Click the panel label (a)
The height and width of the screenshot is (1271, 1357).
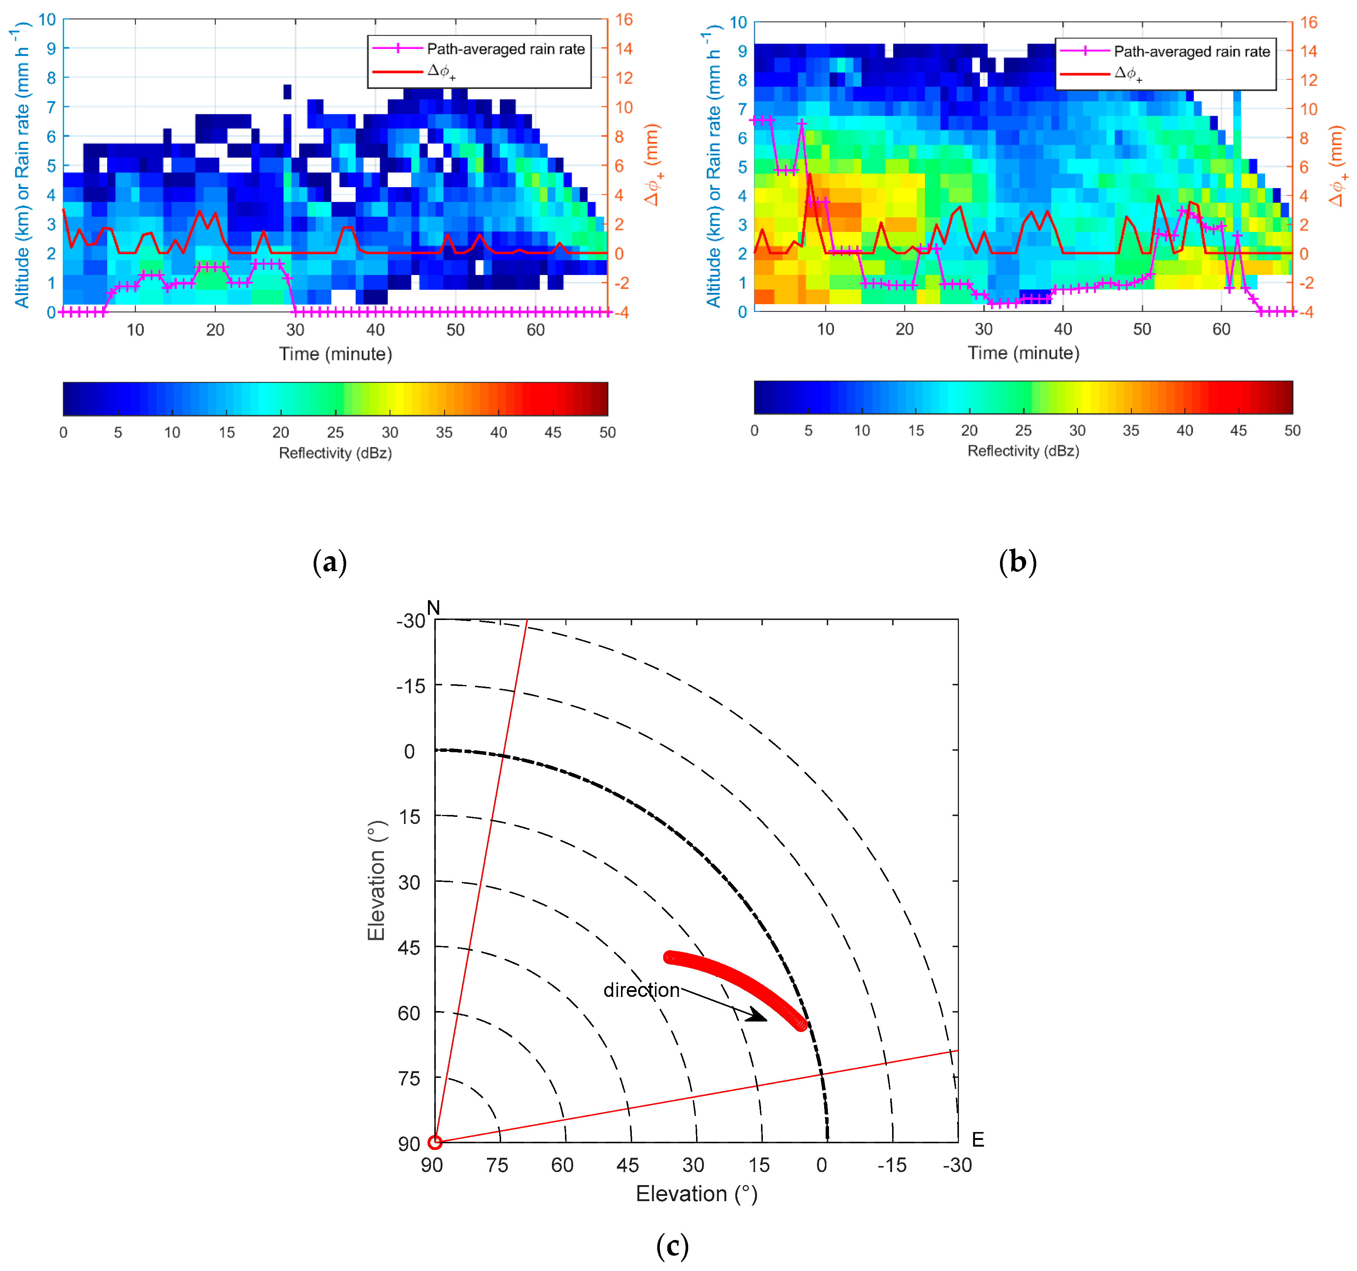point(330,562)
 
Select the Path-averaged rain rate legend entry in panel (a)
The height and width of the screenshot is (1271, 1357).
point(505,49)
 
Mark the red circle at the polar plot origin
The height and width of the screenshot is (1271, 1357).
point(435,1142)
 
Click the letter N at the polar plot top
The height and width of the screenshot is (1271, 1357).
point(434,607)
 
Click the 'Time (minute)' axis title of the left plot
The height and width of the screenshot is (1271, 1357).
point(335,354)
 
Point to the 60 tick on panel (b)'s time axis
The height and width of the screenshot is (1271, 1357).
point(1221,329)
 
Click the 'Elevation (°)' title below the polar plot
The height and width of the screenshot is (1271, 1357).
point(696,1193)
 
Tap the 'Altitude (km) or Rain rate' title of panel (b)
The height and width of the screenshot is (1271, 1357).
point(713,167)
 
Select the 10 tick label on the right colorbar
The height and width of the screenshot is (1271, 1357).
point(862,431)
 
